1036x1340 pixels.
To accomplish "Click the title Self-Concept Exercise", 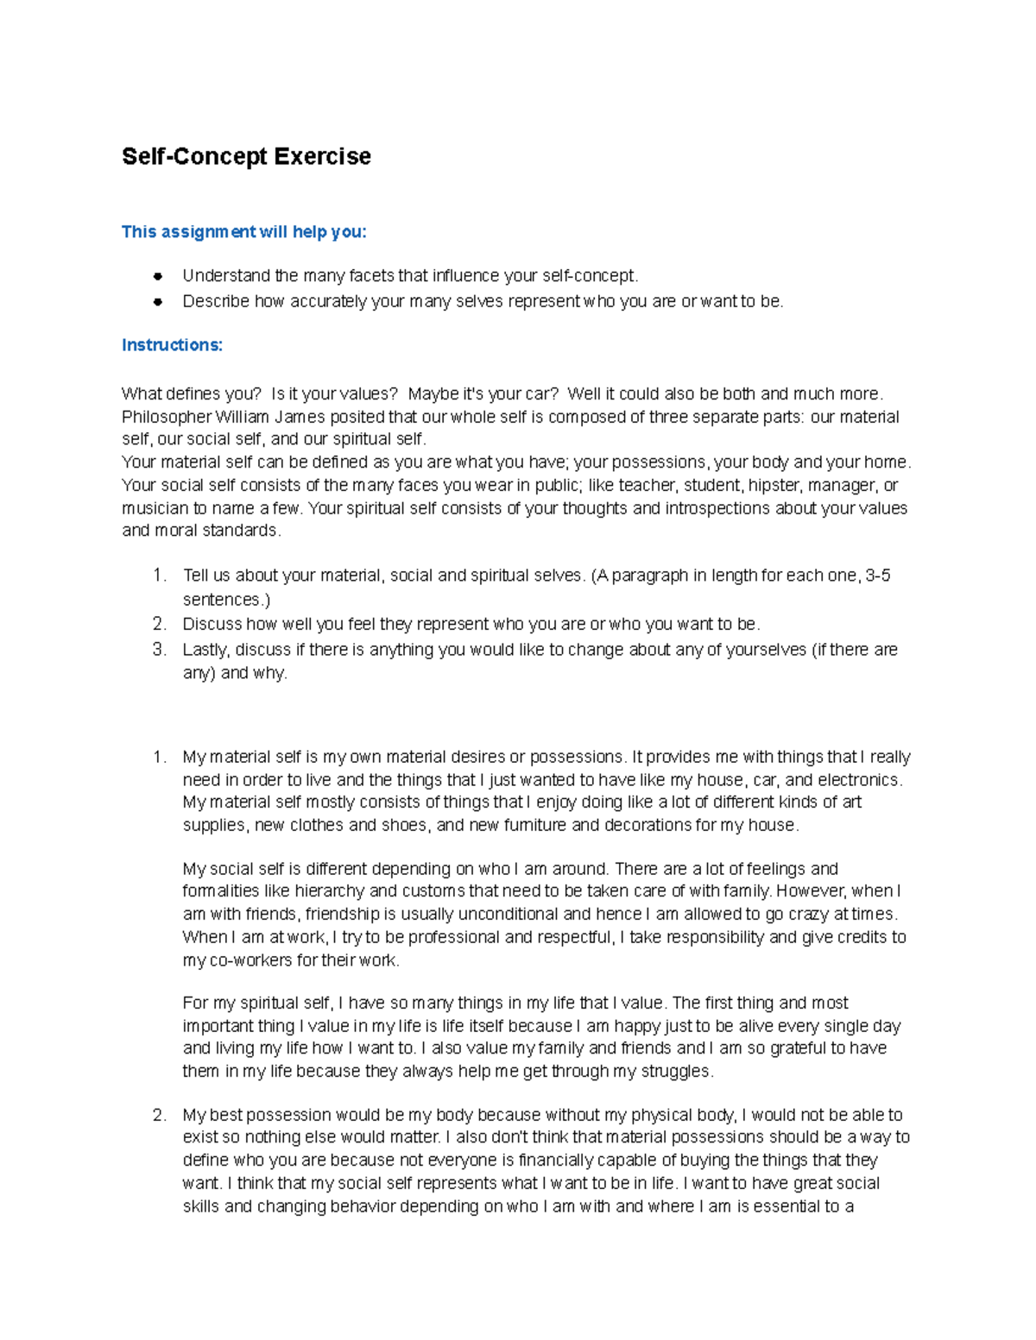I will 246,156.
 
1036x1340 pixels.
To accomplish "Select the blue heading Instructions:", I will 172,345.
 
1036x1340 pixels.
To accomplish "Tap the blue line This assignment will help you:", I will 243,231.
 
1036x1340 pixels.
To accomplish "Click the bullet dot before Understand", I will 157,276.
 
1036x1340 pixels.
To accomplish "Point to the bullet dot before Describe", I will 157,302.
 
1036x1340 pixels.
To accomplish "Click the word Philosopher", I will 167,417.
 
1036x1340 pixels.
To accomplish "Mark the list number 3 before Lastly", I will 159,650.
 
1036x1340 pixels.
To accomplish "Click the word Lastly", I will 205,650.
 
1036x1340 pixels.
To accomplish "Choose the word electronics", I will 859,780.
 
